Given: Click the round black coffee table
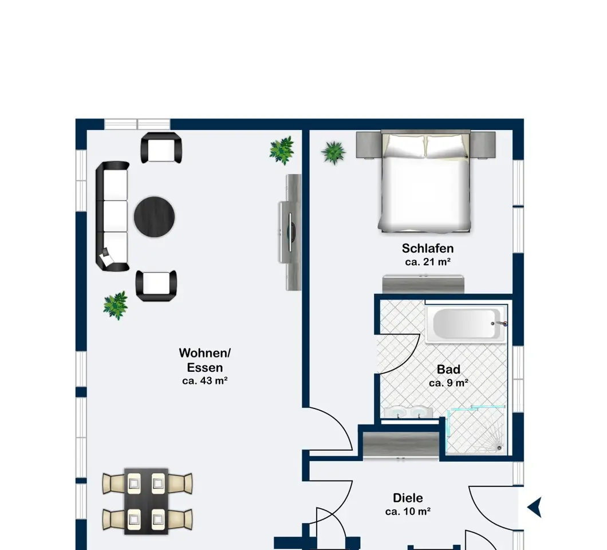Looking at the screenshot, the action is point(154,217).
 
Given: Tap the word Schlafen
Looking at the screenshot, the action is point(427,248).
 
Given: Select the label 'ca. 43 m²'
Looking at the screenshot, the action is point(205,381).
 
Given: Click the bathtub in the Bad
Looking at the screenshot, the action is point(466,324).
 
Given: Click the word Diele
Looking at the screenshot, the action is point(408,498).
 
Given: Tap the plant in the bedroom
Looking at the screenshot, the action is point(333,152).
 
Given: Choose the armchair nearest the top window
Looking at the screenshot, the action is point(161,148).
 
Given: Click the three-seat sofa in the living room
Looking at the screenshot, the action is point(112,216).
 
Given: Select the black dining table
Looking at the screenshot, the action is point(147,501).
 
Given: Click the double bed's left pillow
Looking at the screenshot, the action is point(405,147).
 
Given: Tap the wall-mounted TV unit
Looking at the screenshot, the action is point(290,232).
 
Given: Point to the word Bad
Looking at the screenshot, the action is point(448,370).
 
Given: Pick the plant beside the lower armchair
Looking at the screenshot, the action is point(115,305).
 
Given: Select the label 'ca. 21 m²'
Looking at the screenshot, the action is point(427,262).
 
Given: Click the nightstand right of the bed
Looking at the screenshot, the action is point(483,145).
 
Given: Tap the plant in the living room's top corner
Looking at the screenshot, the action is point(282,150).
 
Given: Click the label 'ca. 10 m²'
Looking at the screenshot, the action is point(408,511).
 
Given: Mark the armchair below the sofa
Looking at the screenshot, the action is point(156,285).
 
